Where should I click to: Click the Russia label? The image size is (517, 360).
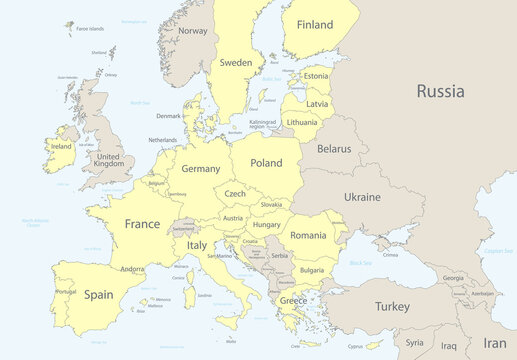tap(440, 91)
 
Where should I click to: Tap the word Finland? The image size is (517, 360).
tap(308, 24)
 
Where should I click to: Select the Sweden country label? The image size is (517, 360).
tap(236, 62)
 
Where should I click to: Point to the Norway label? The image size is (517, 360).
tap(192, 31)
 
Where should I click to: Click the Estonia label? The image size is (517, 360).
tap(316, 76)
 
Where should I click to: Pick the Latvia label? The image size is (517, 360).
tap(317, 104)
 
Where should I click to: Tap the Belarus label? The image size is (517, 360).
tap(334, 149)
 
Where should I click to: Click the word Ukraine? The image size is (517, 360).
tap(362, 197)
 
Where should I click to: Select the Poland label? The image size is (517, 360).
tap(266, 162)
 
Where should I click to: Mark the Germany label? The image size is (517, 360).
tap(200, 169)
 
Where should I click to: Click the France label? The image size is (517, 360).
tap(141, 225)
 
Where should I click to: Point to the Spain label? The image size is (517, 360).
tap(98, 295)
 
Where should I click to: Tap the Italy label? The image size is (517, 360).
tap(198, 245)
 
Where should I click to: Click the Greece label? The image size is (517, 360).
tap(293, 300)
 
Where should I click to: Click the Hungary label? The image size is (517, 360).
tap(266, 226)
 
